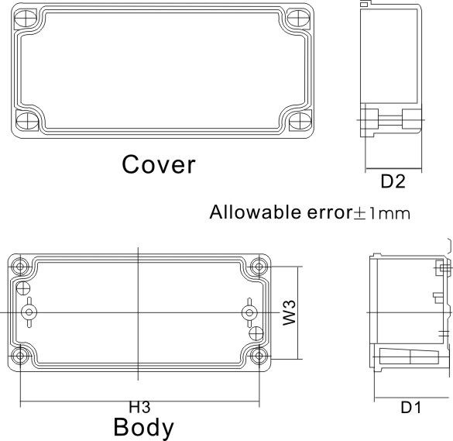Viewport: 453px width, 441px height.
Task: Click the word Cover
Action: [x=159, y=164]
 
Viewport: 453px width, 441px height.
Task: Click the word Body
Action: [x=143, y=428]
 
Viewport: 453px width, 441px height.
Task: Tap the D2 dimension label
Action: [x=393, y=181]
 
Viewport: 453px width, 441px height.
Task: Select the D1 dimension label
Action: [x=411, y=408]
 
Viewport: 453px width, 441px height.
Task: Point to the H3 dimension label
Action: [x=139, y=407]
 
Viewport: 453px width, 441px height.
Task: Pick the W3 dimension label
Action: [x=289, y=312]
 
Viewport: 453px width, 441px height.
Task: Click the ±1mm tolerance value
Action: [x=381, y=213]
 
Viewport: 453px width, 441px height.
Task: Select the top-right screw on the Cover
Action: [x=299, y=18]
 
